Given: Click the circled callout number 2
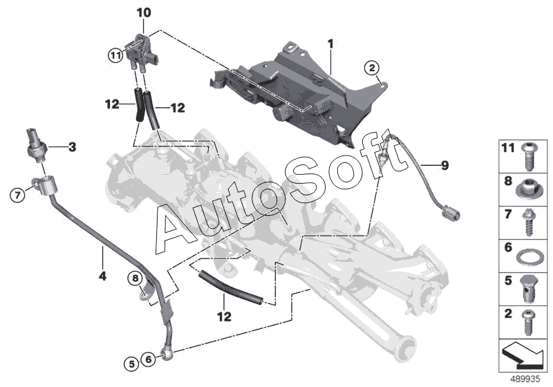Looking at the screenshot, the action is [x=372, y=67].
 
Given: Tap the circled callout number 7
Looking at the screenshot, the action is [x=19, y=196].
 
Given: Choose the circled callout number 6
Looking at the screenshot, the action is [x=148, y=359].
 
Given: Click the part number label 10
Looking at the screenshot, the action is [x=142, y=13].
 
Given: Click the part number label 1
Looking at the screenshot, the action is [x=330, y=44].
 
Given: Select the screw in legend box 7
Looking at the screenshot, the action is [x=530, y=221].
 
